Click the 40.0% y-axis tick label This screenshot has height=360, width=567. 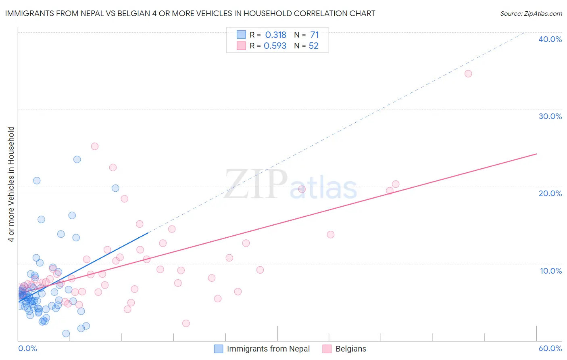[550, 39]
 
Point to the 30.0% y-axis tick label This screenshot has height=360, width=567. [550, 116]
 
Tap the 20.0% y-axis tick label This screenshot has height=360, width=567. [550, 193]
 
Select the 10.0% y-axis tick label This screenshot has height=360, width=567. [551, 271]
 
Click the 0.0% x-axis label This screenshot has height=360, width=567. [27, 348]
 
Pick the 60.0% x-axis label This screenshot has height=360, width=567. [550, 348]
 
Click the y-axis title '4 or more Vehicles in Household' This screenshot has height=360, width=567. [11, 184]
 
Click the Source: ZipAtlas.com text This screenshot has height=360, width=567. [531, 13]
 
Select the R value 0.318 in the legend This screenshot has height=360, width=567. [275, 35]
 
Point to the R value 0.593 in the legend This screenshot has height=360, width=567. [275, 46]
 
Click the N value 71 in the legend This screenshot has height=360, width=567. [315, 35]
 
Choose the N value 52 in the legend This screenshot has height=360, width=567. [314, 46]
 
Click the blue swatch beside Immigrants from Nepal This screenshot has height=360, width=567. [219, 349]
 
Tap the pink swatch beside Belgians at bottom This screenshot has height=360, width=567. [327, 349]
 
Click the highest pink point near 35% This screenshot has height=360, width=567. [468, 73]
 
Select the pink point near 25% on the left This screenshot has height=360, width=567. [95, 146]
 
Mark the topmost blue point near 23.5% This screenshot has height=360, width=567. [77, 159]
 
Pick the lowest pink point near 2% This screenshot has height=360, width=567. [186, 323]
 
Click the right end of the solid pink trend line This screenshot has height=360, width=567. [536, 154]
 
